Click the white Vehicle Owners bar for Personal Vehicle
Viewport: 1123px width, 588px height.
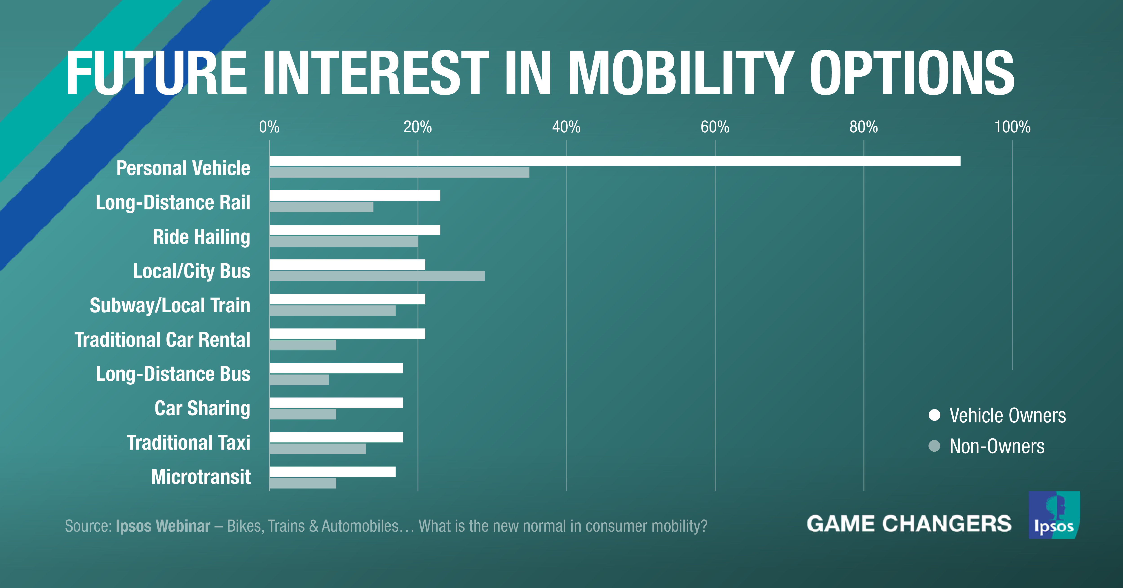pyautogui.click(x=615, y=161)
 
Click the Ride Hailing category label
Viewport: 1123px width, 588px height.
pyautogui.click(x=201, y=237)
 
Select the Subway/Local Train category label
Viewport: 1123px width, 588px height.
pyautogui.click(x=170, y=305)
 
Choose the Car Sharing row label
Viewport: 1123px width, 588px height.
pyautogui.click(x=202, y=409)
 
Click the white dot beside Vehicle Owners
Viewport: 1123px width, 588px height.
pyautogui.click(x=934, y=415)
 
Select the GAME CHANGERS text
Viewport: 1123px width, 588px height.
pyautogui.click(x=909, y=524)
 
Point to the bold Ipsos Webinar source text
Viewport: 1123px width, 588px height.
pyautogui.click(x=163, y=526)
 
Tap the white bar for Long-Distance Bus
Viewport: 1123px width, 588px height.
pyautogui.click(x=336, y=368)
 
